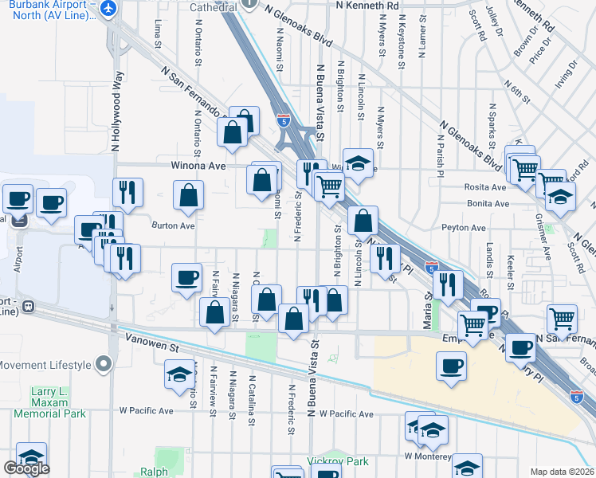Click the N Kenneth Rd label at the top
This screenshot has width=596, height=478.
[367, 5]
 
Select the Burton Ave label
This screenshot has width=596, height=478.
[174, 225]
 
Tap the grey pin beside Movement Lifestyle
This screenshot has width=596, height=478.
[103, 365]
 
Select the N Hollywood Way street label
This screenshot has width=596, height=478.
[116, 112]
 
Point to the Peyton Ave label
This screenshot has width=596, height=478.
[464, 228]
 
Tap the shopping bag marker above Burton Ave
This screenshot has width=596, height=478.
[188, 195]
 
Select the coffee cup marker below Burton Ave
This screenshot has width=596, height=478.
[186, 278]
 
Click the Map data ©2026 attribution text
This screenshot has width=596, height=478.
[562, 472]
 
